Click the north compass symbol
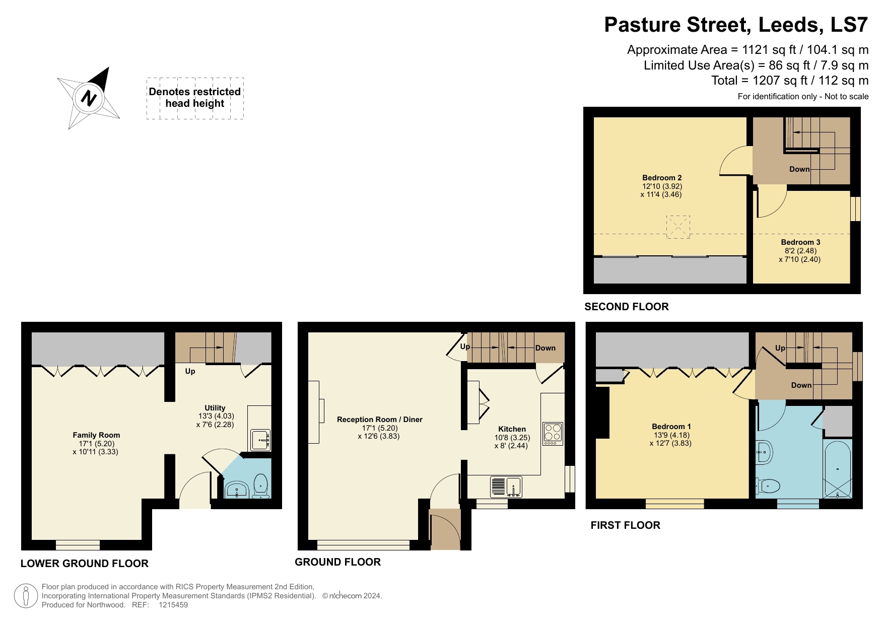[x=89, y=98]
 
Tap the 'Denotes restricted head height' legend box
[x=195, y=98]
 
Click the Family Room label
[x=96, y=435]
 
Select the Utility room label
[x=215, y=408]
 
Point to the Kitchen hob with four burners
[x=553, y=433]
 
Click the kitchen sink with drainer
[x=506, y=487]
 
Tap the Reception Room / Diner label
[x=379, y=420]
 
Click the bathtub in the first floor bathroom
[x=837, y=469]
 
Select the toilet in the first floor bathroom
[x=768, y=487]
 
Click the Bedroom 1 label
[x=671, y=427]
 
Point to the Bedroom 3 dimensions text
[x=800, y=255]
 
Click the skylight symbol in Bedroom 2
[x=677, y=227]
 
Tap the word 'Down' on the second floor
[x=799, y=169]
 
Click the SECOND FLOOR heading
[x=626, y=307]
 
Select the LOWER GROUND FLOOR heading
[x=84, y=564]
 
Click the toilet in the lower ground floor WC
[x=260, y=484]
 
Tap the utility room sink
[x=260, y=440]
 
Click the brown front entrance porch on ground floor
[x=445, y=529]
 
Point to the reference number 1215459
[x=173, y=605]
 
